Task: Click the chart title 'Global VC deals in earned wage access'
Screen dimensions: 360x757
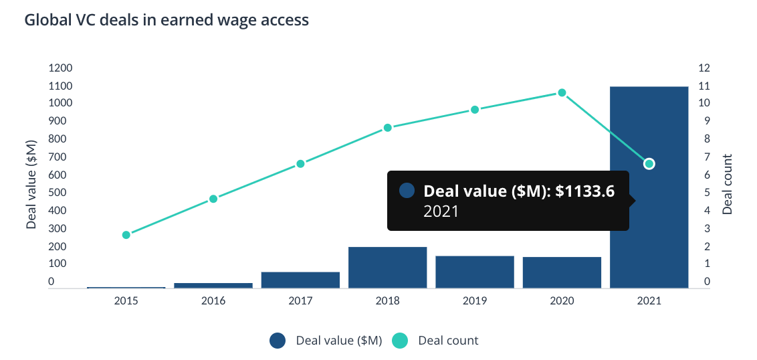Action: pos(167,20)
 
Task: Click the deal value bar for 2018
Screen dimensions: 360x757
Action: pos(387,268)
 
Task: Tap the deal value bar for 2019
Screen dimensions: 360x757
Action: pos(474,272)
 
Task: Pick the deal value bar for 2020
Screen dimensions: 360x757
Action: pos(562,272)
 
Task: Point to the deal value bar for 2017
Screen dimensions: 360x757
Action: pos(300,280)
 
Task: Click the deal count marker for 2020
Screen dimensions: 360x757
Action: pos(562,92)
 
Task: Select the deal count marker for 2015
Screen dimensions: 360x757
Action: pos(126,235)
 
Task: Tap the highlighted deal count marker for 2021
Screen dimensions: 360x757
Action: pos(649,164)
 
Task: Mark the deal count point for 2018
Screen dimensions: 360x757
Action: pos(387,128)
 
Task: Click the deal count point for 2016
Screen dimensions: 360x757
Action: pos(213,199)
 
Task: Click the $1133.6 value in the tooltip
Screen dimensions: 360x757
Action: pos(585,191)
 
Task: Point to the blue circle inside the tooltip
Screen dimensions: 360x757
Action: pos(407,191)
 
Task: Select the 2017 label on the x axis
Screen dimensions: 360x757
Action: pos(300,301)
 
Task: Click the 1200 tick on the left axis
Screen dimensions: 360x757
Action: pos(60,68)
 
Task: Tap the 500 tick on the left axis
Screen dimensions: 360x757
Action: pos(60,193)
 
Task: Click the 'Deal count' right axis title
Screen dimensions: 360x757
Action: pos(728,184)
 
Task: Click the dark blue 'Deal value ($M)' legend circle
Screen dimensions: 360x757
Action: pos(278,341)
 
